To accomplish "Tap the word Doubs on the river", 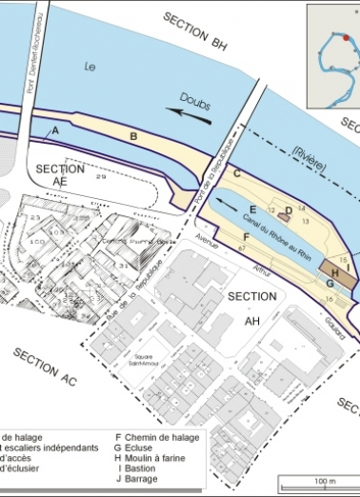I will click(x=192, y=106).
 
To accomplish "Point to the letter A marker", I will click(x=55, y=129).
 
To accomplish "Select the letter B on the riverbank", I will click(x=134, y=138).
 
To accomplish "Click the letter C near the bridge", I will click(x=236, y=172).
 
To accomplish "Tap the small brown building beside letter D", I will click(x=283, y=217).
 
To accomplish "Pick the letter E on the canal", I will click(x=252, y=209).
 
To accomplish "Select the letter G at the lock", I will click(x=330, y=284).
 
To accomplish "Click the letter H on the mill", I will click(x=335, y=269).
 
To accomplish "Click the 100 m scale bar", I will click(x=319, y=484).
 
